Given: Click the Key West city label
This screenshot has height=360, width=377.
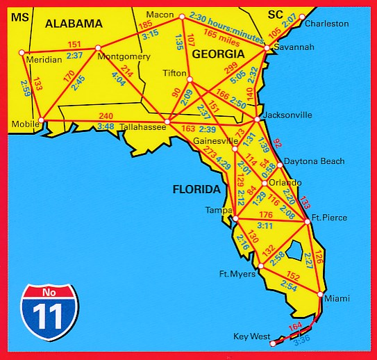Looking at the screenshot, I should click(251, 336).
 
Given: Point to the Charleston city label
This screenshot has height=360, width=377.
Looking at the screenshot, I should click(326, 24).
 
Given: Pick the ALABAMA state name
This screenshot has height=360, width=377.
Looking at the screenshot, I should click(74, 23).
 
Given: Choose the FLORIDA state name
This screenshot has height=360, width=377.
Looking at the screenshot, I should click(197, 189).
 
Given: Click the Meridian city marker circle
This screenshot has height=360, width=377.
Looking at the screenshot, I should click(22, 52).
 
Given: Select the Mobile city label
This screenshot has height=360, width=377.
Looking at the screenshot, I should click(24, 124).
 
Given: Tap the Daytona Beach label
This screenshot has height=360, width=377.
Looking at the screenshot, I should click(315, 161).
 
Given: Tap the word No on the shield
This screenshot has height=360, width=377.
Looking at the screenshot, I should click(49, 291).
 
